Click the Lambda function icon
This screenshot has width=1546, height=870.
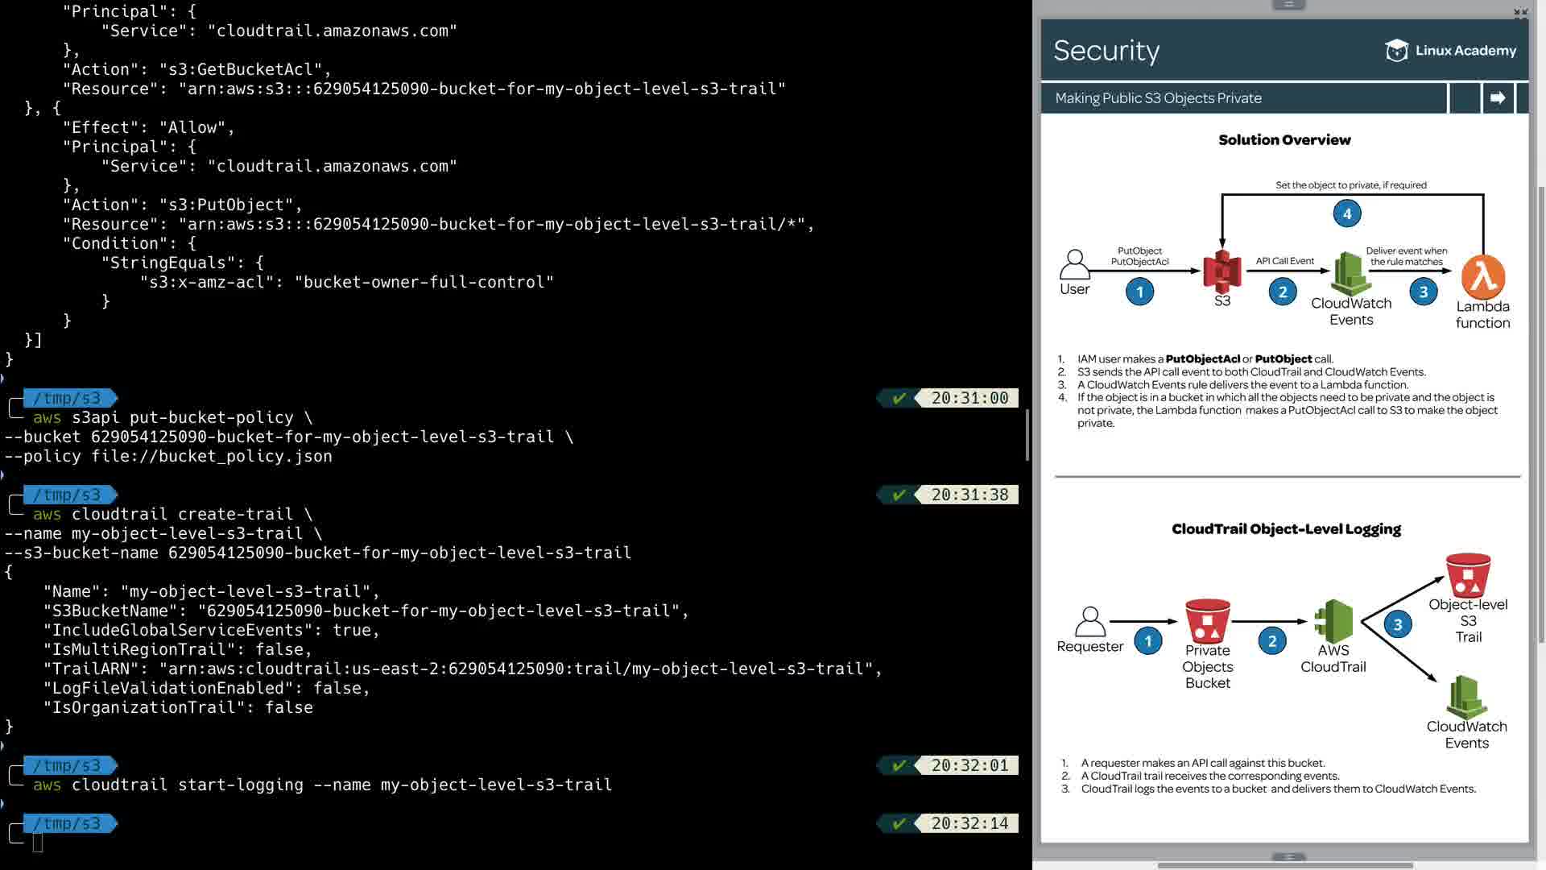click(1483, 277)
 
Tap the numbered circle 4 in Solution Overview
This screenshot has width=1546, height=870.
click(1347, 213)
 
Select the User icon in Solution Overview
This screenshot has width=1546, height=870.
click(1074, 264)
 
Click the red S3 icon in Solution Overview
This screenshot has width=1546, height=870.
click(1222, 271)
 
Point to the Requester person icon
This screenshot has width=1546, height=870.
click(1089, 622)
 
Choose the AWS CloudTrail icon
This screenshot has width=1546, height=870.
click(1333, 621)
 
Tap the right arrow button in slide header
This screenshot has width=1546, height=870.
click(1498, 98)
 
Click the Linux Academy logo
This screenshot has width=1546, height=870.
click(1451, 51)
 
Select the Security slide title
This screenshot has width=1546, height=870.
click(1106, 51)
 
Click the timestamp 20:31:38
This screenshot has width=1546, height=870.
click(969, 495)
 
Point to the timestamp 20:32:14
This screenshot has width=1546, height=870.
click(969, 823)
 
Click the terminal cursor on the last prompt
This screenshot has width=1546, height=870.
click(38, 843)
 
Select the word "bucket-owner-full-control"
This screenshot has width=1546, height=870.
click(424, 282)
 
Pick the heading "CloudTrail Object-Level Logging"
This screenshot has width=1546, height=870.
click(1286, 529)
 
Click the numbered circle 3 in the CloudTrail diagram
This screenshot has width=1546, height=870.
click(1398, 624)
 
